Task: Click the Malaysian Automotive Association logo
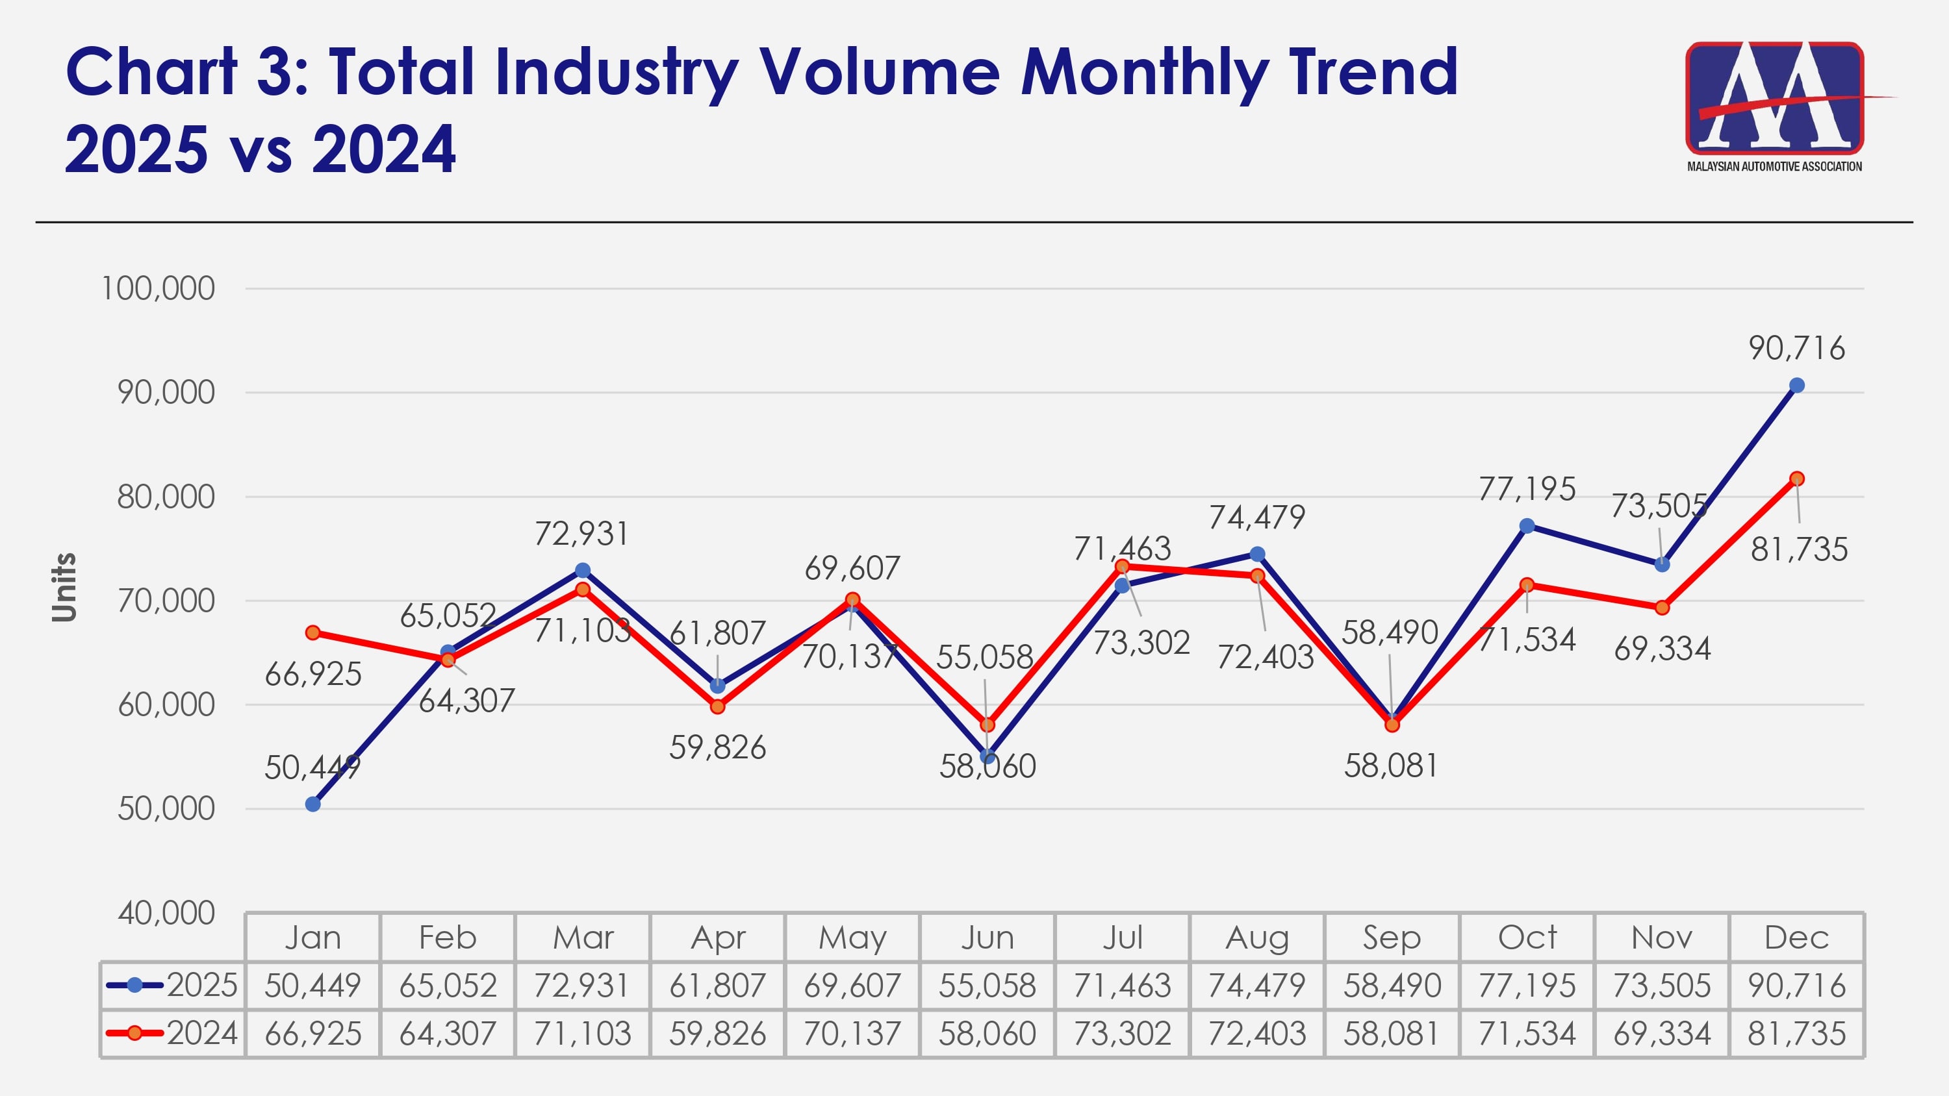1774,106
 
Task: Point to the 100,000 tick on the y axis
158,289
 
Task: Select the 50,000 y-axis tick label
166,809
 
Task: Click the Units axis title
64,588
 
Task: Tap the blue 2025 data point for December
1796,386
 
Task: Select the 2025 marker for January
312,804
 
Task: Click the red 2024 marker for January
312,632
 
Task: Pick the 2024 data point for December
1797,479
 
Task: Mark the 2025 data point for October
1527,526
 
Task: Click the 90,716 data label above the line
1796,349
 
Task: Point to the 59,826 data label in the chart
717,748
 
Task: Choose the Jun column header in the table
987,938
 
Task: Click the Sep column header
1392,938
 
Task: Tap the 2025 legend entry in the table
173,986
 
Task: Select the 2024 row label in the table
173,1033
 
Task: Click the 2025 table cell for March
582,986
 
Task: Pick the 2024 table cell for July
1122,1033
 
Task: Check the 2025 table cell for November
1661,986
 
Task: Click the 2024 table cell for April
717,1033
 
